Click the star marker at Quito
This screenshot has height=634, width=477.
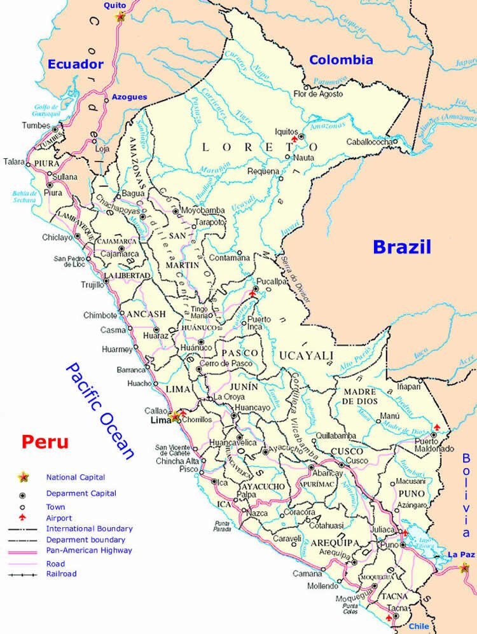click(121, 17)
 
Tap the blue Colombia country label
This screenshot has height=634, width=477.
click(341, 60)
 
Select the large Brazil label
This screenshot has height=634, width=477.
click(402, 247)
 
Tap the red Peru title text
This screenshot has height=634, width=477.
click(44, 441)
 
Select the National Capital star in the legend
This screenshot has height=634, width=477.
click(24, 476)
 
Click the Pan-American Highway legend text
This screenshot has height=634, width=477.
click(89, 550)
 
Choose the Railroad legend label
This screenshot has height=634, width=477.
click(61, 574)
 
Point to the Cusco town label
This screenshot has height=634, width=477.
click(357, 460)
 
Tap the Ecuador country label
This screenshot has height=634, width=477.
click(75, 64)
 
